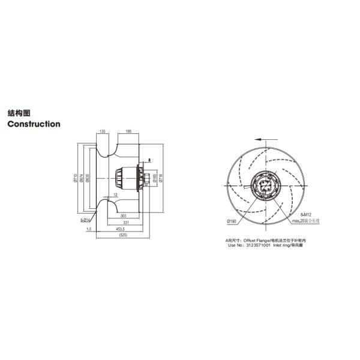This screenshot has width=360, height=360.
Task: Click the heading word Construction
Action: click(34, 124)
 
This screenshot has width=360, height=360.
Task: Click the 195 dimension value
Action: click(128, 132)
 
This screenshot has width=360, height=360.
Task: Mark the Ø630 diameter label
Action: click(88, 178)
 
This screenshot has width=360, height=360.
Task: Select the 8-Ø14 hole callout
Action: click(85, 221)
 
